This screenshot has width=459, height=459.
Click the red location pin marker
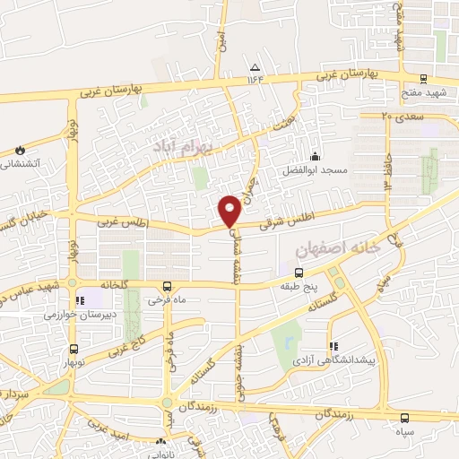pyautogui.click(x=229, y=209)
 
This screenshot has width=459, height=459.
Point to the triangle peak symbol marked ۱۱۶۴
pyautogui.click(x=255, y=68)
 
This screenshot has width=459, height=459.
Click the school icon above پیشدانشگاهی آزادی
pyautogui.click(x=333, y=345)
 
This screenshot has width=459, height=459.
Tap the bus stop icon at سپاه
pyautogui.click(x=404, y=418)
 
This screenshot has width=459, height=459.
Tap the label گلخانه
pyautogui.click(x=116, y=284)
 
